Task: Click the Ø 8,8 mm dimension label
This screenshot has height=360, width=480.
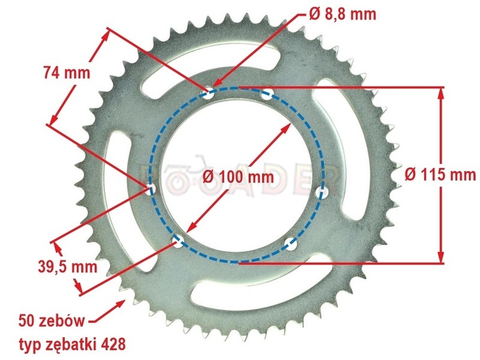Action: pos(342,14)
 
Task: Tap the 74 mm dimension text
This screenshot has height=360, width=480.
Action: pos(67,73)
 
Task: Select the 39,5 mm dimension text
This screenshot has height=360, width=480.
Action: pos(67,267)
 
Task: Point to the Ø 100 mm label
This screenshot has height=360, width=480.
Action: pos(238,176)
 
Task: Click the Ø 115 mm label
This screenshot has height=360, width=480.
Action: pos(440,175)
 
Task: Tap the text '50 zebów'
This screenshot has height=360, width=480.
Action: pos(52,321)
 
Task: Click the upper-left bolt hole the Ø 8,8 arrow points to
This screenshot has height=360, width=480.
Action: pos(209,94)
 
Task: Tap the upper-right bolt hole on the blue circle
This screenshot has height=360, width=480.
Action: pos(266,94)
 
